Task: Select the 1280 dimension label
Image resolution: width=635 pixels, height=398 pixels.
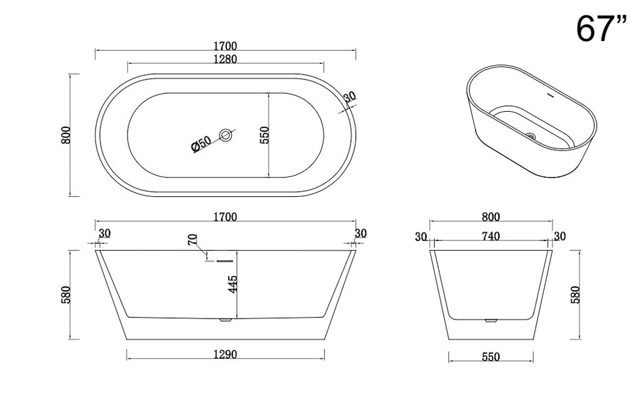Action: coord(225,59)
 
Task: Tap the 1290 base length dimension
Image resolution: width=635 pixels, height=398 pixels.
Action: coord(225,355)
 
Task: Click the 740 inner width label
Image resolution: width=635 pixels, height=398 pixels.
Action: coord(491,237)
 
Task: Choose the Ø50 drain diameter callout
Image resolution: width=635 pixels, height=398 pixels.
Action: coord(202,144)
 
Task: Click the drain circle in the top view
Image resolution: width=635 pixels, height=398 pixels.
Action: coord(226,135)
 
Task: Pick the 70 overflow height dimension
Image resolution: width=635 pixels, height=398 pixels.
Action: coord(193,240)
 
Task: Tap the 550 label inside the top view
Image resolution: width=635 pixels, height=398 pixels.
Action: coord(264,135)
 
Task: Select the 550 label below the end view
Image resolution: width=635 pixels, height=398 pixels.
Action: coord(491,357)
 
